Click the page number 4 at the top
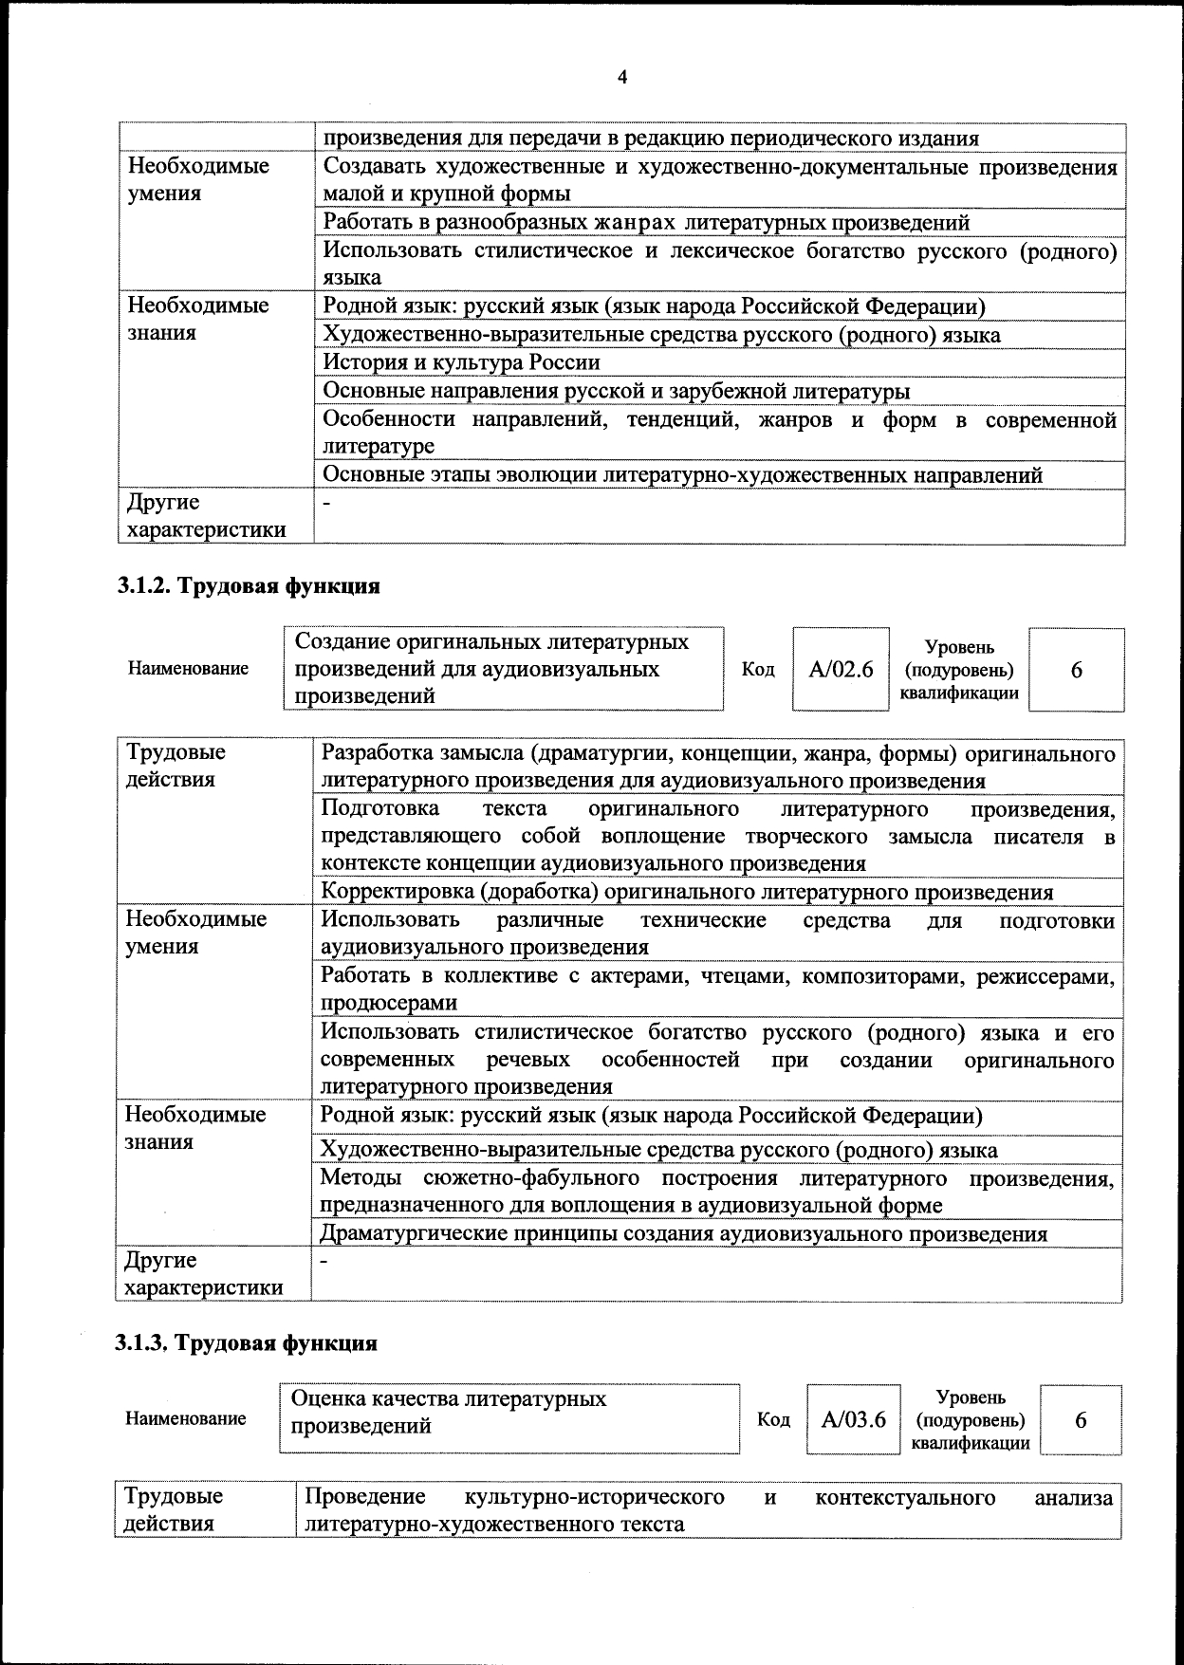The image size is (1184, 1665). (622, 78)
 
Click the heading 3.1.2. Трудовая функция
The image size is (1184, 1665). (249, 585)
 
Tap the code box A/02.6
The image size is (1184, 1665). (841, 670)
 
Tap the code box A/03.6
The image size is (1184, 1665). (853, 1419)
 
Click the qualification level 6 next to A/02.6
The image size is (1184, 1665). (1076, 670)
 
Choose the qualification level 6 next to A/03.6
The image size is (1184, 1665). (1081, 1419)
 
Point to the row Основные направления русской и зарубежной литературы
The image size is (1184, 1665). (617, 391)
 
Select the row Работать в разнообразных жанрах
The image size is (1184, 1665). (646, 223)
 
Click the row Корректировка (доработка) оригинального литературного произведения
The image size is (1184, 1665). (687, 892)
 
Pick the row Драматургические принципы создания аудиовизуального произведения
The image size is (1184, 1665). (683, 1233)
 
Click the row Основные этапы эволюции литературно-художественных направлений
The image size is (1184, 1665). (682, 474)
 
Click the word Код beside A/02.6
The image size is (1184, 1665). (758, 670)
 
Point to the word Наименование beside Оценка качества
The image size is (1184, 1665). (186, 1419)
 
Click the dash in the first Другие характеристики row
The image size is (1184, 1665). (327, 503)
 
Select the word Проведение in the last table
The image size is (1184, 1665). (364, 1497)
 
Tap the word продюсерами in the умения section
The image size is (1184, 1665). (389, 1003)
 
